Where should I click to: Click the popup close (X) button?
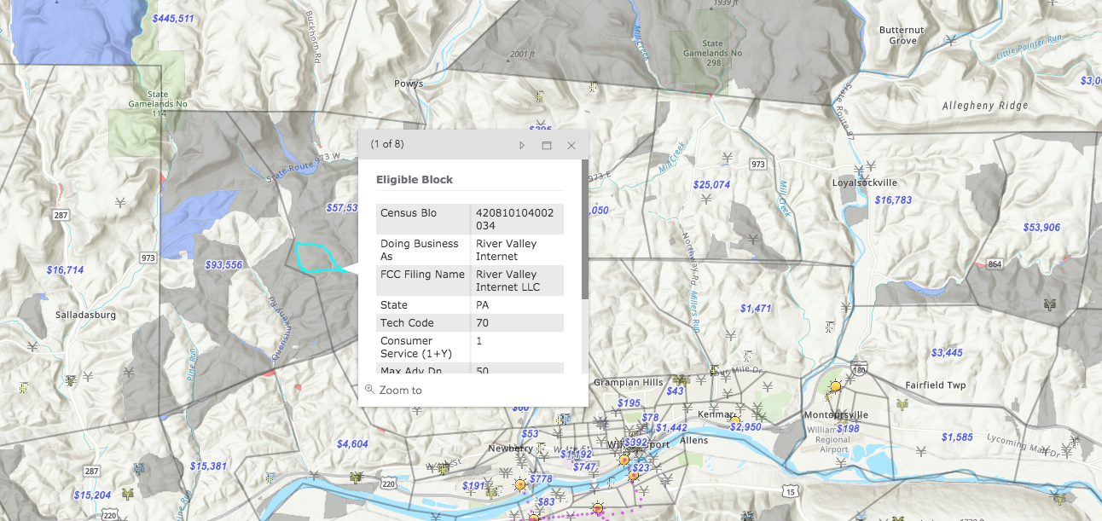click(x=571, y=146)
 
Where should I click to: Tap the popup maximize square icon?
click(x=547, y=146)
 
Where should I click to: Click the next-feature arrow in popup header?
click(x=522, y=146)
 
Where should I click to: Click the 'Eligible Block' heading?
click(x=415, y=180)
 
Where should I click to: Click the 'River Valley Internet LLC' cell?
click(x=507, y=281)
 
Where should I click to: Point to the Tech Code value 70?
click(x=483, y=323)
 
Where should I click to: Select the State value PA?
click(x=483, y=305)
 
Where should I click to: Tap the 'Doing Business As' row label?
click(x=420, y=250)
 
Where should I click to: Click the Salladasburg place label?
click(x=85, y=315)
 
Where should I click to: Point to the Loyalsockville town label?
click(x=865, y=182)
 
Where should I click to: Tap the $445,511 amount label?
click(x=173, y=19)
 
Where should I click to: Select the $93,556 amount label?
click(x=223, y=265)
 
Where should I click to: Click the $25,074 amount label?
click(x=711, y=185)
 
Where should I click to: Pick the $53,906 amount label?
click(x=1041, y=228)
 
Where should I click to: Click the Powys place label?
click(x=409, y=84)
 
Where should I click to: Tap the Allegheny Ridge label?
click(x=985, y=106)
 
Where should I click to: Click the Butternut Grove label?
click(x=902, y=35)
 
